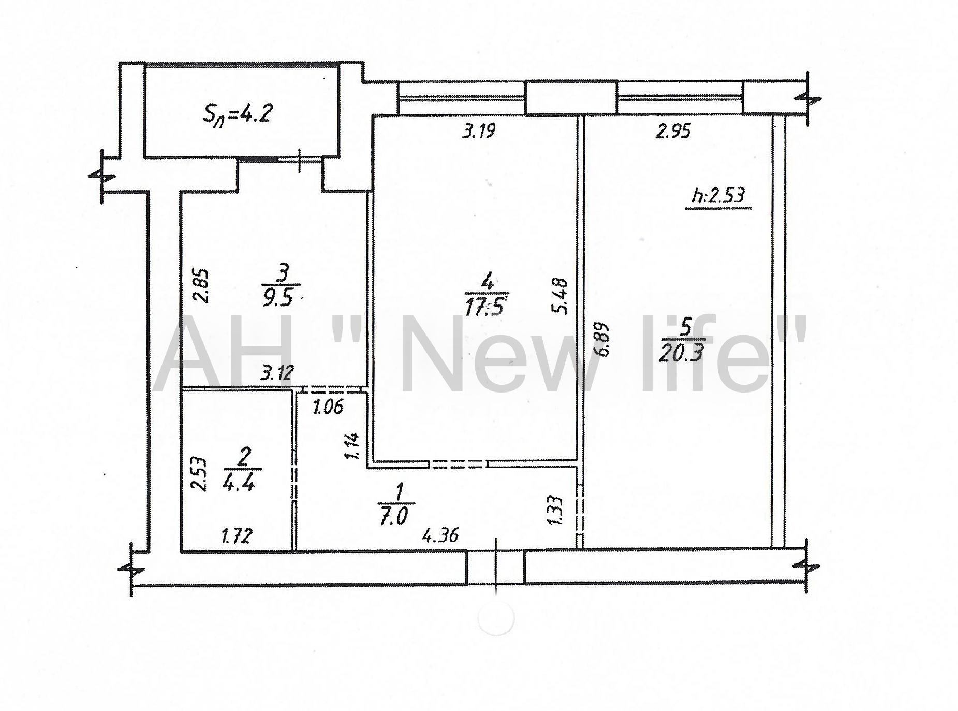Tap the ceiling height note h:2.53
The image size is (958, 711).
point(718,196)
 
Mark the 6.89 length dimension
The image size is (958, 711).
point(602,339)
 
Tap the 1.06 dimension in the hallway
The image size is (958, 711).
point(328,407)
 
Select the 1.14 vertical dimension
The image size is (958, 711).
point(352,446)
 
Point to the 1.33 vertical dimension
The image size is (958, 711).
point(555,511)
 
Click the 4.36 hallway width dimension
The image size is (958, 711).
point(440,535)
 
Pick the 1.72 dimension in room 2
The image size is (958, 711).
point(236,535)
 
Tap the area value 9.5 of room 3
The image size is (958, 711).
point(278,298)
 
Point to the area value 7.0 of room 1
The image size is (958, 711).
point(394,517)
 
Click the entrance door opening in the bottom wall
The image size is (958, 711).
point(496,568)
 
